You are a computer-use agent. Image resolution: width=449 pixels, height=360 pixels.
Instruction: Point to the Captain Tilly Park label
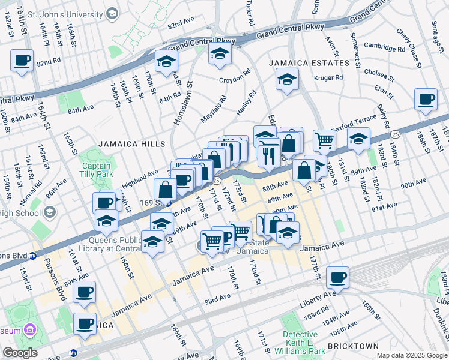point(96,170)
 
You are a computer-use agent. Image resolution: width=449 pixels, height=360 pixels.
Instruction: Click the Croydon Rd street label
point(234,79)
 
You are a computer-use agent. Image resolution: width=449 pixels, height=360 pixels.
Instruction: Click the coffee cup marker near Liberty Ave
point(337,277)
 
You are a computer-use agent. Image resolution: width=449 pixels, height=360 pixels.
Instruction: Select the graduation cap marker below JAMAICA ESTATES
point(288,79)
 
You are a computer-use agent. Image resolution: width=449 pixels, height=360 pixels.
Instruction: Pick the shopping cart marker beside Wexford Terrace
point(324,140)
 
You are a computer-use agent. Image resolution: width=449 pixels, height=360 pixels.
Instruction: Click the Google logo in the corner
point(20,353)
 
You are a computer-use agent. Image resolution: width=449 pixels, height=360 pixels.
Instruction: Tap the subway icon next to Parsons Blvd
point(33,254)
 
